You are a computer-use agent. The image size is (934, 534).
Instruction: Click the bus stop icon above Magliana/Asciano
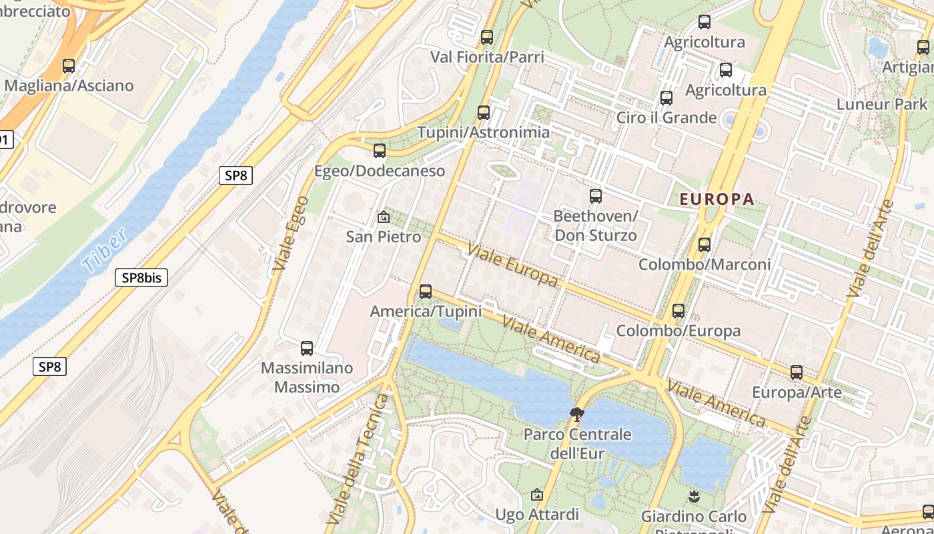tap(68, 66)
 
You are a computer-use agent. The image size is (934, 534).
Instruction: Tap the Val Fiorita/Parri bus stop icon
tap(487, 37)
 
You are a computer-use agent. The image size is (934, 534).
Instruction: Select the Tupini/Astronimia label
tap(484, 132)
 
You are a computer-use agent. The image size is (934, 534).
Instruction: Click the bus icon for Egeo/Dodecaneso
tap(380, 151)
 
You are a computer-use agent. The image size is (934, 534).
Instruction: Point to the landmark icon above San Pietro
tap(383, 217)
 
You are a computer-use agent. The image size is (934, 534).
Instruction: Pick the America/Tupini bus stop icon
tap(426, 292)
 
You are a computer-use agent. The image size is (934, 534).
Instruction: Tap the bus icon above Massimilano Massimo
tap(307, 348)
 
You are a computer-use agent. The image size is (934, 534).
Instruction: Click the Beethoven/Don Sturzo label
tap(595, 226)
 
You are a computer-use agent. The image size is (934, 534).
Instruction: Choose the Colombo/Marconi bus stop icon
tap(705, 245)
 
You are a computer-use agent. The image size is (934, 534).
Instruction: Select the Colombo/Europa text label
tap(678, 331)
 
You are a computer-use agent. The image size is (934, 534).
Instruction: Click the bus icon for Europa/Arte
tap(797, 372)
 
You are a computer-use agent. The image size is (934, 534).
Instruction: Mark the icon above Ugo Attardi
tap(537, 495)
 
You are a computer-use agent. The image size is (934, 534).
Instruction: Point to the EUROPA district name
tap(717, 199)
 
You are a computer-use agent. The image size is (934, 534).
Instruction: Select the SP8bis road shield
tap(141, 278)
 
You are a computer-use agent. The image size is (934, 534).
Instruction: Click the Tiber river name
tap(105, 250)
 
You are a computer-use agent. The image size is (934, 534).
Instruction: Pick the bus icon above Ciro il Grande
tap(666, 98)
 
